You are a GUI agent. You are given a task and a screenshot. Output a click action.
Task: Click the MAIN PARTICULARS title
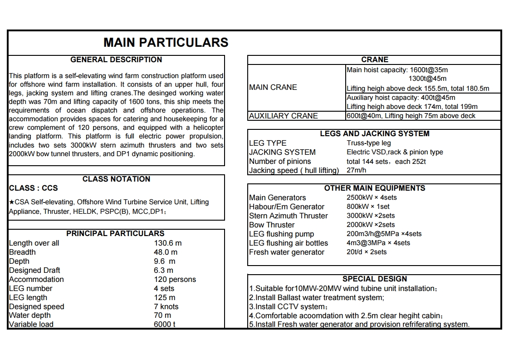166,42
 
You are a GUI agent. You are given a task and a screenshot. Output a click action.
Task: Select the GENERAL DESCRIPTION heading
116,59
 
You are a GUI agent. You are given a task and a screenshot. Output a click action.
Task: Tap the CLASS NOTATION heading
116,179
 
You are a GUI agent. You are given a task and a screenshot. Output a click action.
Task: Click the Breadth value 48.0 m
166,252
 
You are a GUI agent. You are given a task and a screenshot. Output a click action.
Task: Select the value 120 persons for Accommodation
175,279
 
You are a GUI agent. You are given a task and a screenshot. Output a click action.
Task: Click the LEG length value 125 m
164,297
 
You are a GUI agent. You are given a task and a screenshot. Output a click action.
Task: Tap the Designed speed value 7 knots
166,306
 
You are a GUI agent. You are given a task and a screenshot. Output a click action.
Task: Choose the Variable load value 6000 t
164,324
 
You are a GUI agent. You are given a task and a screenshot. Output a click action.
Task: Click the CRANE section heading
375,59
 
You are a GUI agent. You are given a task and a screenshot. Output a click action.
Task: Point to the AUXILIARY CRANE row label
283,116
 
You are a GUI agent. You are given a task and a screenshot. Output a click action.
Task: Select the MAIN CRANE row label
273,87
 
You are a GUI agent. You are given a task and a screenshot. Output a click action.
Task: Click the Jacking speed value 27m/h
357,170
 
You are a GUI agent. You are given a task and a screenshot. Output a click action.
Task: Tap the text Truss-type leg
369,143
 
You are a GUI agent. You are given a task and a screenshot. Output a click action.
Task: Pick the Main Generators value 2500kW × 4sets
372,197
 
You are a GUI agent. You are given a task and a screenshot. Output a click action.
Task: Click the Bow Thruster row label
272,225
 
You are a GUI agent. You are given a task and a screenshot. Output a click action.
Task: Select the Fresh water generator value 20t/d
367,252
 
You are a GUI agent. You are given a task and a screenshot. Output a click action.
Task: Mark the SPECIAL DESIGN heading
375,279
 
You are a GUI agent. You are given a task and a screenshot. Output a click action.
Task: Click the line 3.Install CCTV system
288,306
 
